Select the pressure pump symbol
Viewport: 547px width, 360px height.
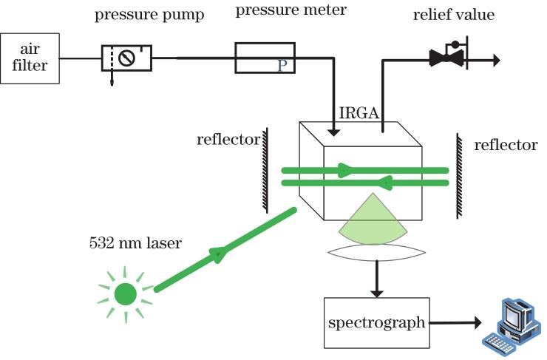point(126,57)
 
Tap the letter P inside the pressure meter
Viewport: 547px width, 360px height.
point(282,66)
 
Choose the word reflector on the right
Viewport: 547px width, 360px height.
point(506,145)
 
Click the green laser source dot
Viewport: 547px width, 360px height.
point(126,294)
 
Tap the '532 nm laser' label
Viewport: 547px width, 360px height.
point(135,242)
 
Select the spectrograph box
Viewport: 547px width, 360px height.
point(376,322)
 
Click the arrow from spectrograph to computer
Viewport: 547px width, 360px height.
point(454,322)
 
